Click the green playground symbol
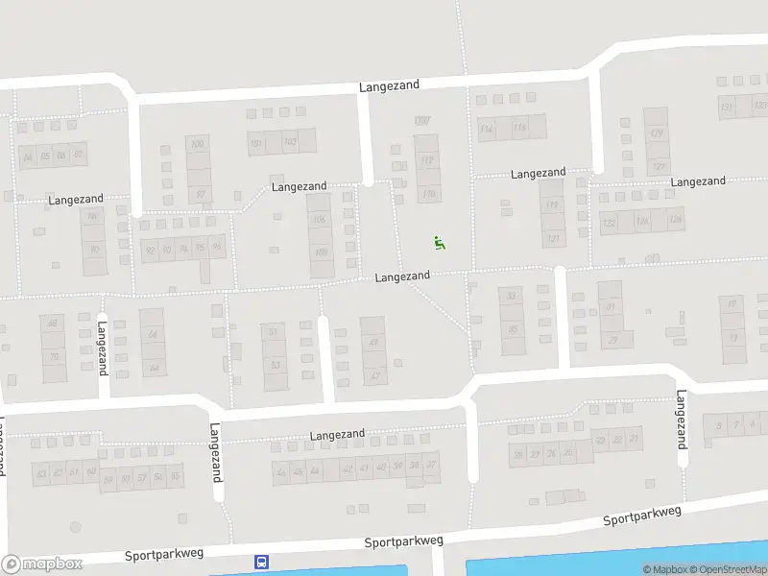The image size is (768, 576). pyautogui.click(x=440, y=243)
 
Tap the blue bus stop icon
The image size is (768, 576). pyautogui.click(x=260, y=562)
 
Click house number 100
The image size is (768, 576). pyautogui.click(x=198, y=145)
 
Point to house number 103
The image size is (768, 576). pyautogui.click(x=289, y=144)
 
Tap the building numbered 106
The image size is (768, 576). pyautogui.click(x=320, y=220)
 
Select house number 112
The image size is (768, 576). pyautogui.click(x=427, y=160)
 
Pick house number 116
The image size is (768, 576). pyautogui.click(x=519, y=128)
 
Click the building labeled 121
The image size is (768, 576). pyautogui.click(x=552, y=239)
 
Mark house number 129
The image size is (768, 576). pyautogui.click(x=657, y=133)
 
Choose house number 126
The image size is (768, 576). pyautogui.click(x=675, y=221)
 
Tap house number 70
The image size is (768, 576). pyautogui.click(x=54, y=357)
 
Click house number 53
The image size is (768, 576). pyautogui.click(x=276, y=365)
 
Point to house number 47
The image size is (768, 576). pyautogui.click(x=373, y=375)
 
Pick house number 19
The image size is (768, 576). pyautogui.click(x=732, y=304)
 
